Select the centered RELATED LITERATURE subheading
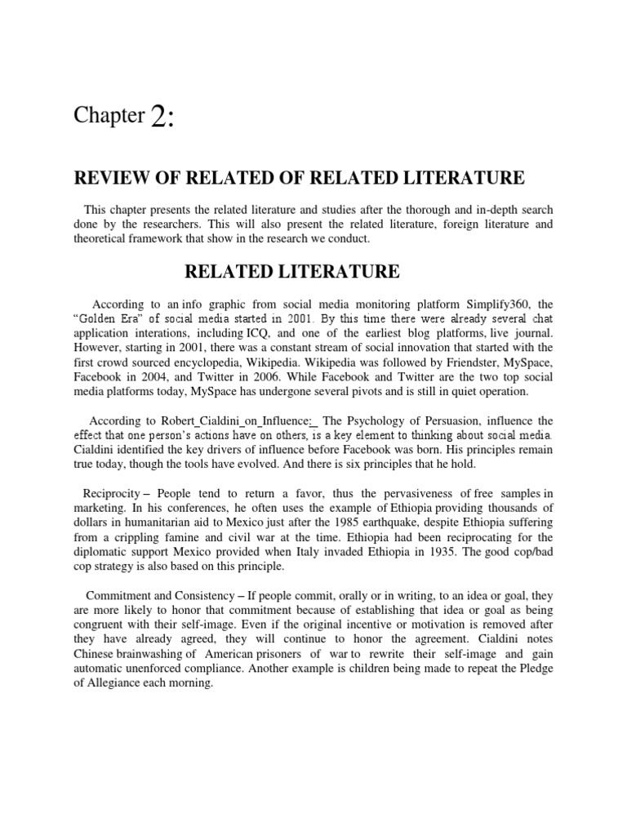313,270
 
